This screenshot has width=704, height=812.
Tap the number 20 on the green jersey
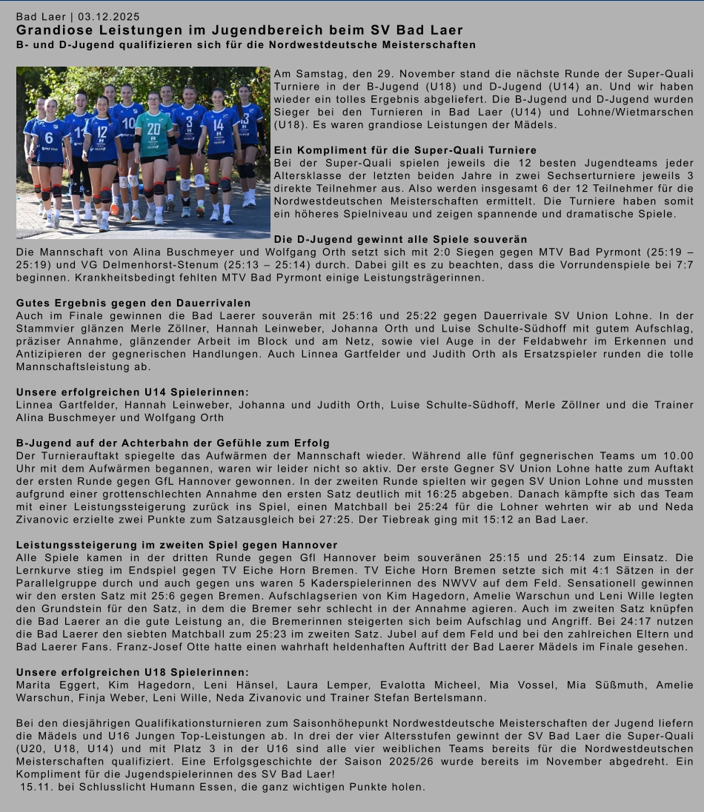153,128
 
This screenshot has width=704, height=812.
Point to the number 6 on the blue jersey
49,138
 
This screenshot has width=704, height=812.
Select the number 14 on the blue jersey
218,125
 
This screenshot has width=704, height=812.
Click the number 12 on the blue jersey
102,132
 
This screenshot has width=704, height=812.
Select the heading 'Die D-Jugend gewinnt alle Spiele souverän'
401,239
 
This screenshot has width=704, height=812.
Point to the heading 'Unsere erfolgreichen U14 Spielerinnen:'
133,392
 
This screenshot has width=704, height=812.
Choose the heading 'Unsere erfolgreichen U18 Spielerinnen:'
133,671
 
